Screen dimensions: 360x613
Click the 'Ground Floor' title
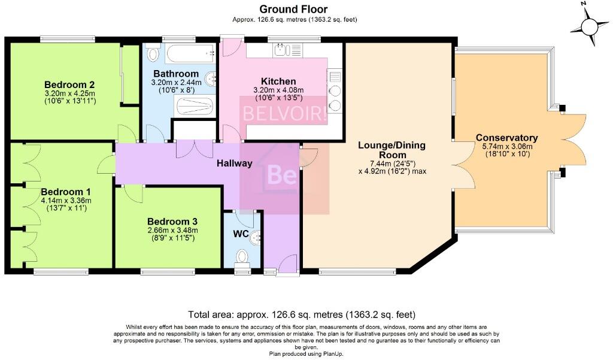click(x=294, y=9)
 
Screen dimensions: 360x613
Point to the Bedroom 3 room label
click(x=172, y=220)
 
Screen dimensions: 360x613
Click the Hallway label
click(x=234, y=163)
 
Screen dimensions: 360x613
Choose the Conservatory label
click(x=506, y=138)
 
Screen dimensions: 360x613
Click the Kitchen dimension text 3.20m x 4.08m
click(x=269, y=90)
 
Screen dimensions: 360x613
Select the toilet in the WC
click(x=242, y=256)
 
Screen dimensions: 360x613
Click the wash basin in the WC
click(x=256, y=238)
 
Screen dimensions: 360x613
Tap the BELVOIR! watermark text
click(x=284, y=114)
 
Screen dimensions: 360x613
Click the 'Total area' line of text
click(x=302, y=314)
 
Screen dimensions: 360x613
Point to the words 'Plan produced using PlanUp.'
click(x=306, y=354)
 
